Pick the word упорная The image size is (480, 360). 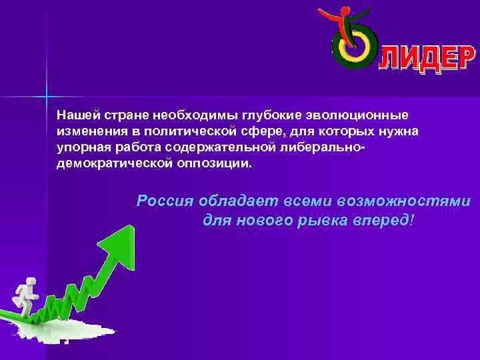tap(79, 147)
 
